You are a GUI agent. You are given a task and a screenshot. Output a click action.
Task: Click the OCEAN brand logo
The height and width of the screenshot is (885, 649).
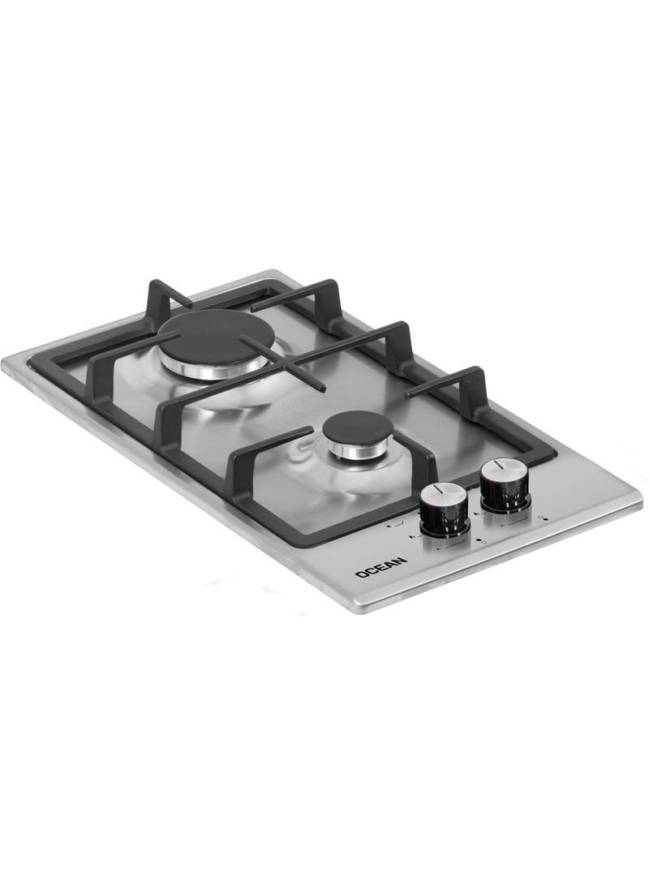pos(381,567)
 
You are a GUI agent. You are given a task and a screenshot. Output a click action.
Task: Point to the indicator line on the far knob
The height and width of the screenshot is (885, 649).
pos(499,466)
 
